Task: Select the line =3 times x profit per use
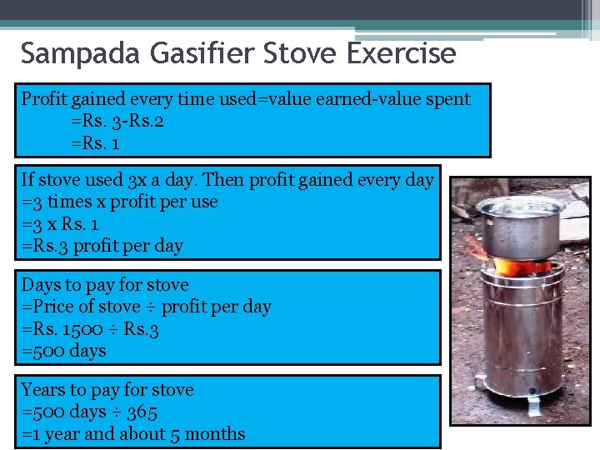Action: coord(119,202)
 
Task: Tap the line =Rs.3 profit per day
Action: coord(102,246)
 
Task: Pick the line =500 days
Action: coord(63,351)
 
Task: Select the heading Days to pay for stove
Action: coord(105,284)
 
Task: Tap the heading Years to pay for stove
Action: coord(107,389)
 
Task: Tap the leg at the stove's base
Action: coord(533,406)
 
